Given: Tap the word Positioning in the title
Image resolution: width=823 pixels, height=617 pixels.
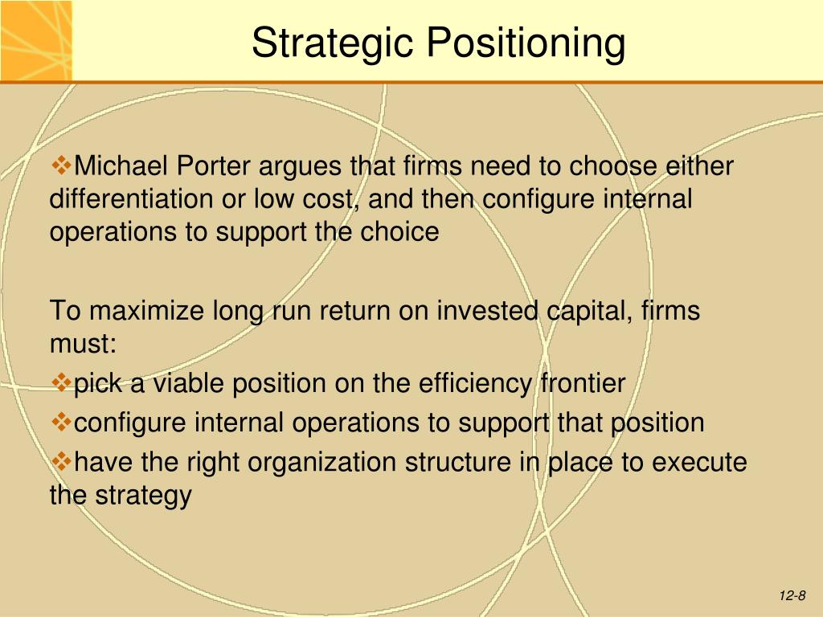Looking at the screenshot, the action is pyautogui.click(x=526, y=43).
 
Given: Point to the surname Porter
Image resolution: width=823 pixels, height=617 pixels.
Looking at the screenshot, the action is pyautogui.click(x=213, y=165).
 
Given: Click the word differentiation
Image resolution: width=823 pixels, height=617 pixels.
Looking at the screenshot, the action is pyautogui.click(x=131, y=199).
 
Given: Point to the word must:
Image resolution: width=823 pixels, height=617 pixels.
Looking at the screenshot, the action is pyautogui.click(x=83, y=344).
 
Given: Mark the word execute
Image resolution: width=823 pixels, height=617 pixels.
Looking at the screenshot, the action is pyautogui.click(x=699, y=462).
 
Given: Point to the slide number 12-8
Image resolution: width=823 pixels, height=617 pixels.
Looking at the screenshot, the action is pyautogui.click(x=792, y=595).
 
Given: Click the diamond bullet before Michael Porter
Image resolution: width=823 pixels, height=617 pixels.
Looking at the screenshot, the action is pyautogui.click(x=62, y=165).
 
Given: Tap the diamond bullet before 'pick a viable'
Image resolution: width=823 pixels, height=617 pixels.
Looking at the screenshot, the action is pyautogui.click(x=62, y=382).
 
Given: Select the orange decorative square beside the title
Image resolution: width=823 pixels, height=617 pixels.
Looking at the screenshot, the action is pyautogui.click(x=35, y=40).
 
